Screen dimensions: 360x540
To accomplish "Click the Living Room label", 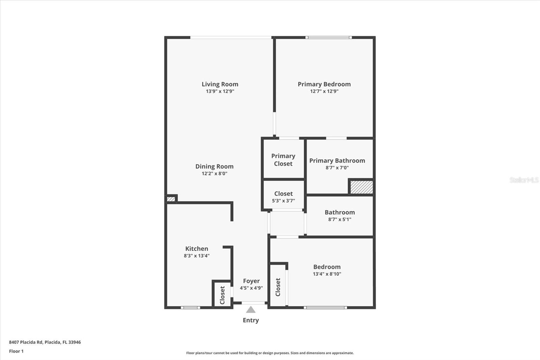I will point(220,84).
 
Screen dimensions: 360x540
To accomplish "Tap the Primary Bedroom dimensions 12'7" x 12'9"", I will point(324,91).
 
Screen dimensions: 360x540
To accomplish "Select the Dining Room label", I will point(214,166).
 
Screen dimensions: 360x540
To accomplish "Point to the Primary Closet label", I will point(283,160).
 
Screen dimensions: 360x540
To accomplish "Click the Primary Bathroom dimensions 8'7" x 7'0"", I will point(337,168).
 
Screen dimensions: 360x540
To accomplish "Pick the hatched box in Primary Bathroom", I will point(361,187).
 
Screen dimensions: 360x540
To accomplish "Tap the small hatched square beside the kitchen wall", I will point(171,199).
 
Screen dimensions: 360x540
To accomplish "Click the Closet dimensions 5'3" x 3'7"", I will point(283,201).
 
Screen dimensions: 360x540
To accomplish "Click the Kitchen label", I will point(196,249).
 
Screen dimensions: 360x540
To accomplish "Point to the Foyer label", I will point(251,281).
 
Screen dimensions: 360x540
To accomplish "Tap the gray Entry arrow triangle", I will point(250,310).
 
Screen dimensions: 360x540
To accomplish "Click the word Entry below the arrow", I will point(250,320).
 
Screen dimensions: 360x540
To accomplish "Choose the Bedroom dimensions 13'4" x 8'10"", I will point(327,274).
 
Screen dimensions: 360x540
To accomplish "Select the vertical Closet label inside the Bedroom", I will point(278,287).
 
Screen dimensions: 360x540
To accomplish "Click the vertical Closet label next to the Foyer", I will point(222,295).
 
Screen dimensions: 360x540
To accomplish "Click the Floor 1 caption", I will point(16,351).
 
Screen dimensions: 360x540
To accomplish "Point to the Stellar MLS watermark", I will point(524,180).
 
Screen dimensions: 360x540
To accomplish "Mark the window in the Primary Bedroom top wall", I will point(329,37).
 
